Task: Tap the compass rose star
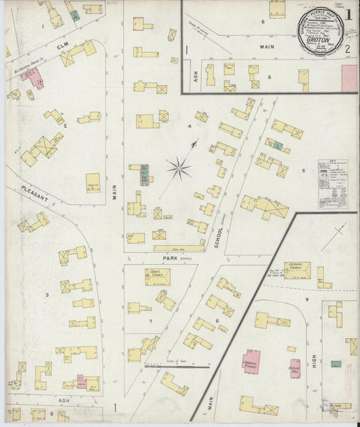tap(179, 167)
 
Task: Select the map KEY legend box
tap(333, 183)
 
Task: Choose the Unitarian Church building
tap(297, 270)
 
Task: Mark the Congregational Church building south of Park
tap(157, 276)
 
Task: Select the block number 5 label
tap(303, 171)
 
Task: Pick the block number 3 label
tap(47, 295)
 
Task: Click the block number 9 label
tap(306, 299)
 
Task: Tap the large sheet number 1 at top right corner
tap(348, 13)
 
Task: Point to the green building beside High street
tap(336, 363)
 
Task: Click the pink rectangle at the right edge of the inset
tap(350, 78)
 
